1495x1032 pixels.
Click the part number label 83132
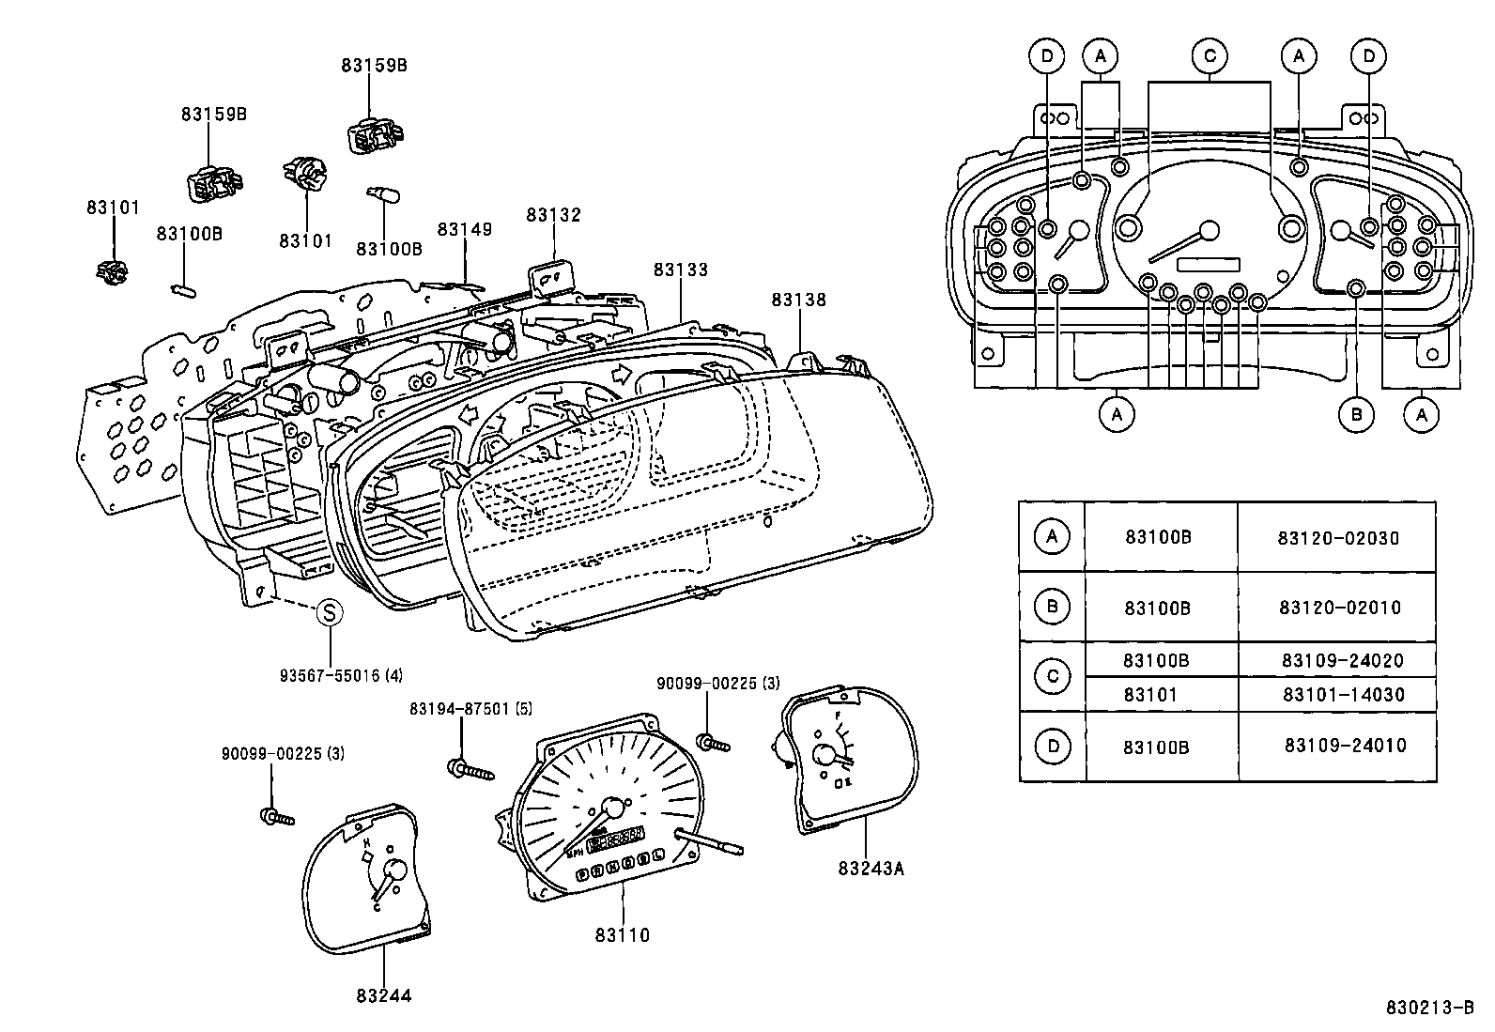(x=553, y=215)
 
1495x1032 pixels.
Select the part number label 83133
(x=681, y=270)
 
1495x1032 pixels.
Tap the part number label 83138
(x=799, y=300)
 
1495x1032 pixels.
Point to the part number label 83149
(x=465, y=230)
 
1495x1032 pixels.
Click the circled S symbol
(x=330, y=613)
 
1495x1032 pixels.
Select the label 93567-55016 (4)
(x=341, y=675)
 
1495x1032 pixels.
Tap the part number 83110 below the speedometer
(x=622, y=935)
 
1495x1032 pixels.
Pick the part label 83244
(x=384, y=996)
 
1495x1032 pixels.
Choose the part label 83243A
(x=871, y=869)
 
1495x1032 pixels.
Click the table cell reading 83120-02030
(x=1337, y=538)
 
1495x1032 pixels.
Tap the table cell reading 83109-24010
(x=1345, y=747)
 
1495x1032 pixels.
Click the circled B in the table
(x=1052, y=607)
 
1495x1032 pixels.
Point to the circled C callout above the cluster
(x=1210, y=56)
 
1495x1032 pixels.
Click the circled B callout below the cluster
(x=1356, y=414)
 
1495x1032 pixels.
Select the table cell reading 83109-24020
(x=1342, y=661)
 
